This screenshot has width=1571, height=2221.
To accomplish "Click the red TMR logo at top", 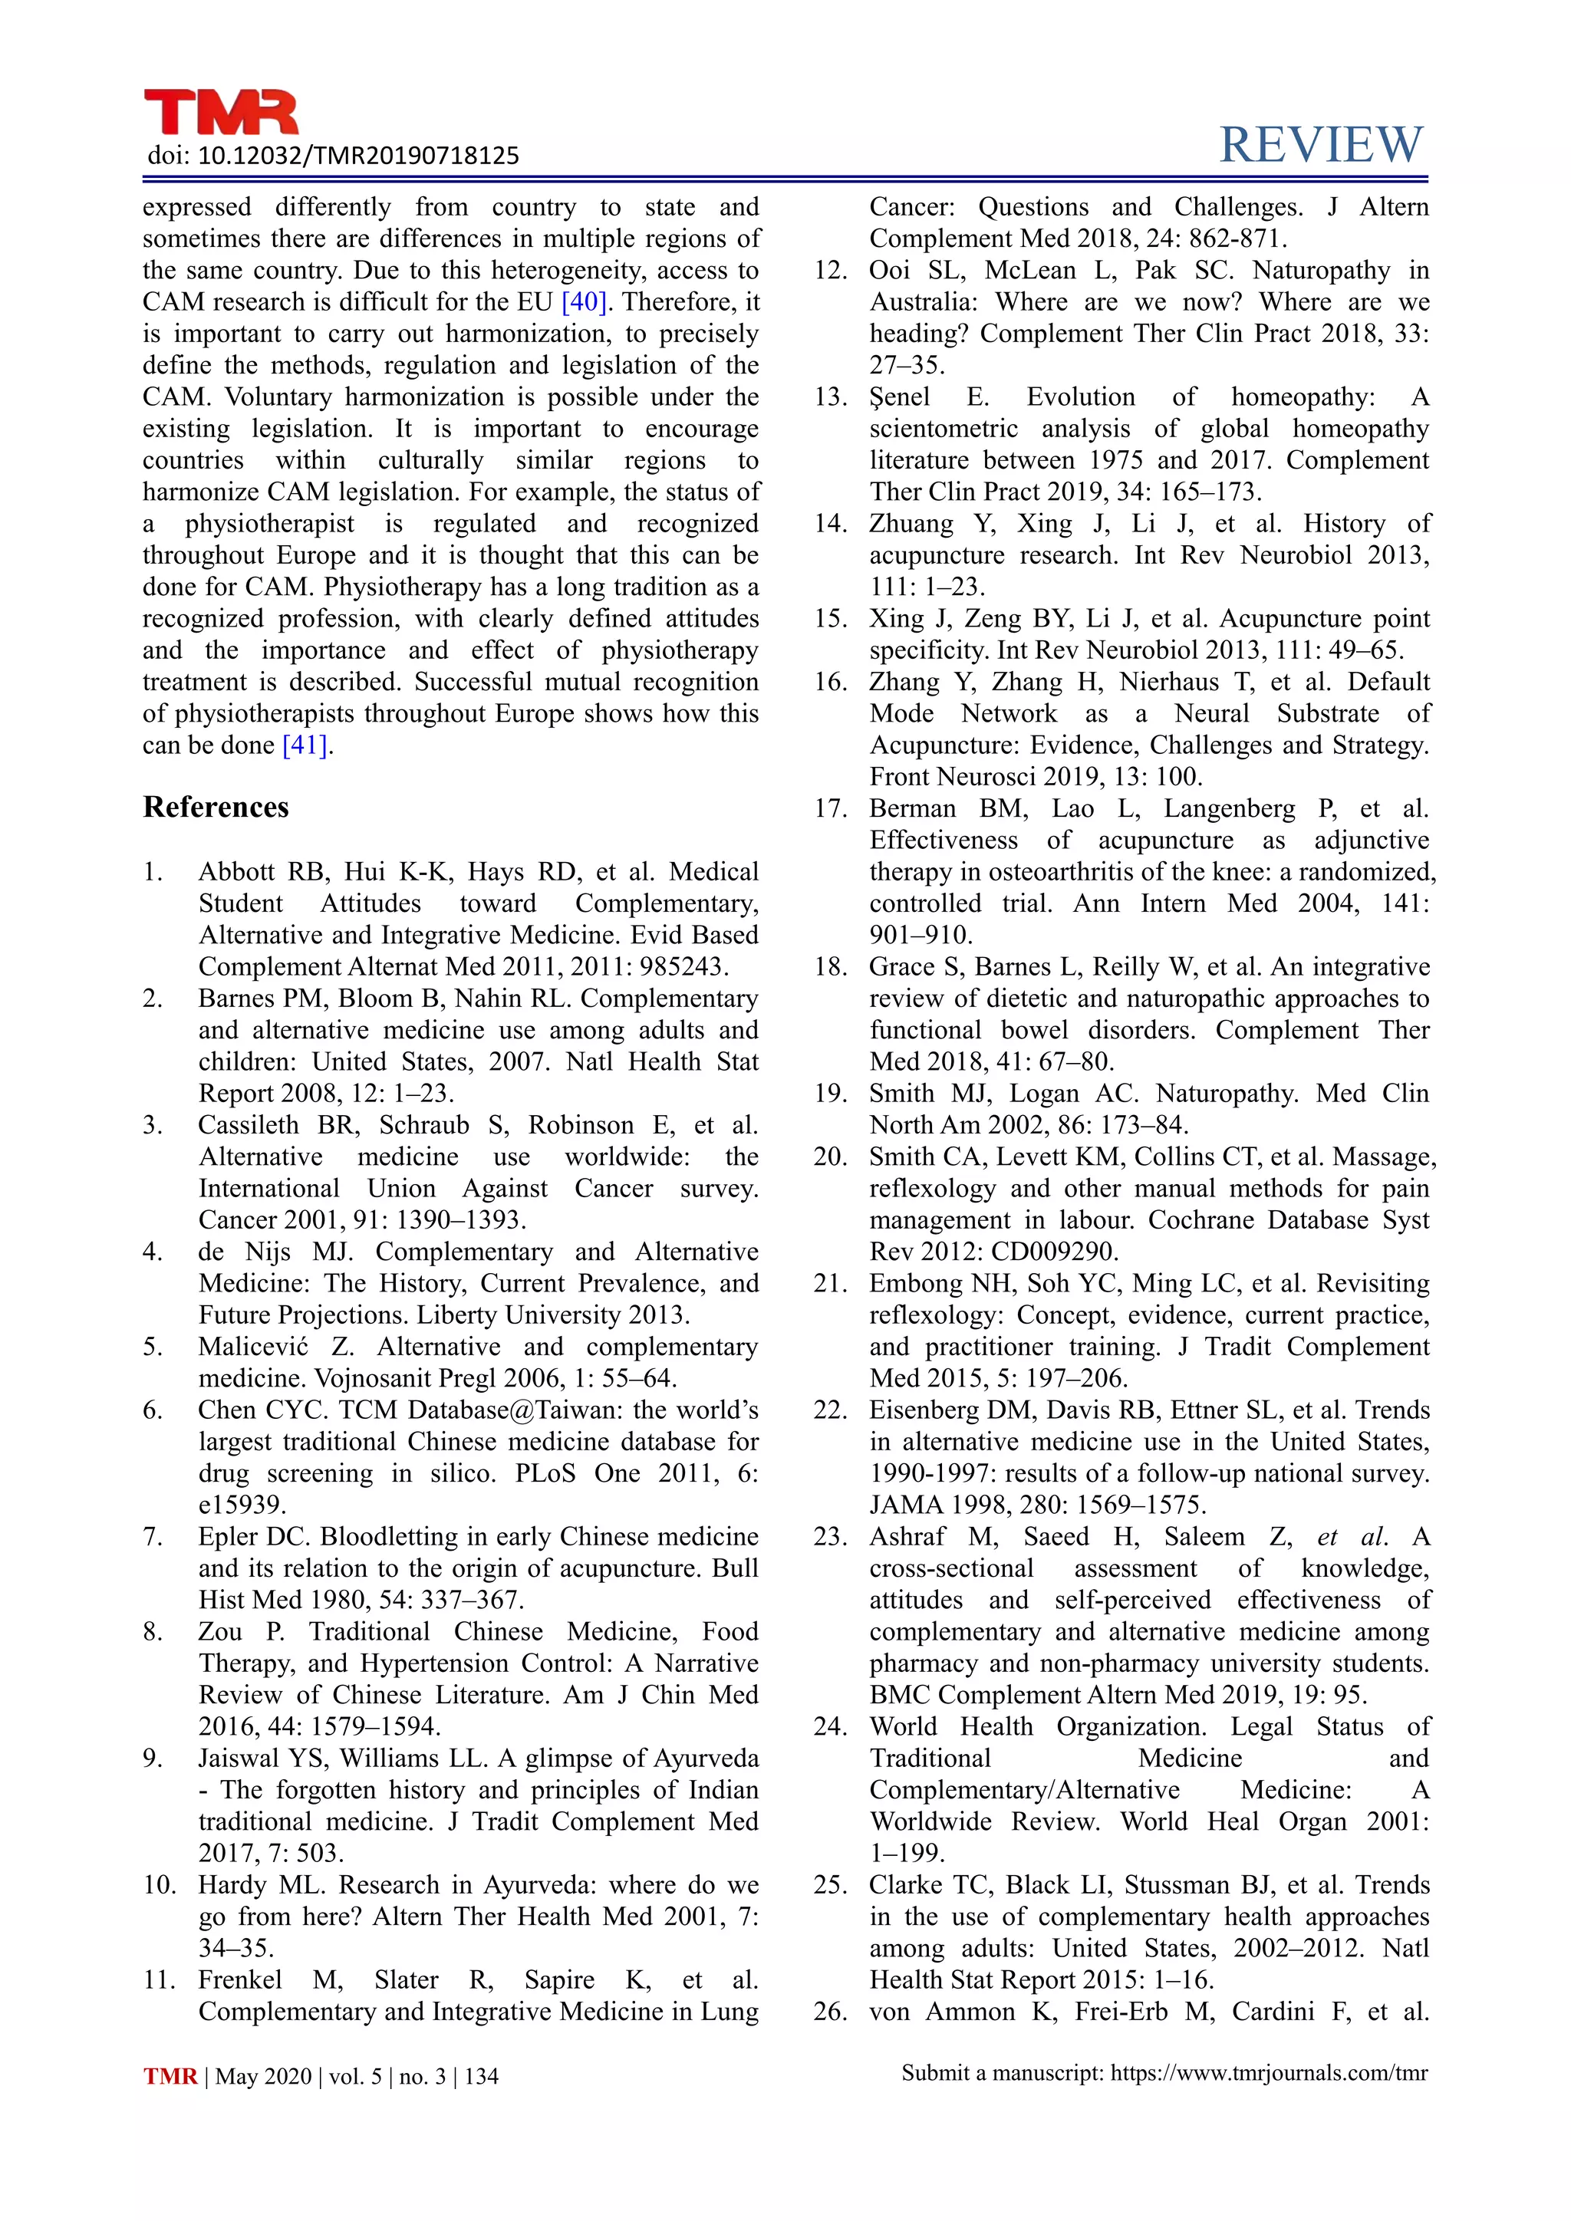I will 221,114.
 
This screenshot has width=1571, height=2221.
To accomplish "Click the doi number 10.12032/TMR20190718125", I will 358,156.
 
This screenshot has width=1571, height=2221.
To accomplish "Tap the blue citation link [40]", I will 585,302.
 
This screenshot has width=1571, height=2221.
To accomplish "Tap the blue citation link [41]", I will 305,745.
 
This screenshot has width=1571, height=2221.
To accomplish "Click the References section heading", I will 216,808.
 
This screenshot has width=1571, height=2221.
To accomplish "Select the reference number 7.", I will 153,1537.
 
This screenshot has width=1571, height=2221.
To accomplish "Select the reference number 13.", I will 830,397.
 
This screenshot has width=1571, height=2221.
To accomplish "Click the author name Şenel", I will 900,397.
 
